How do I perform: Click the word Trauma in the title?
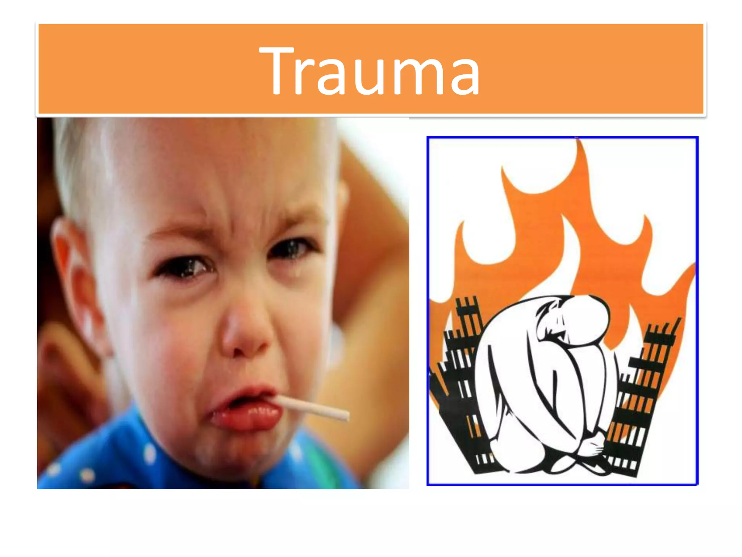click(x=370, y=71)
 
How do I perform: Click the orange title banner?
click(x=145, y=69)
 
